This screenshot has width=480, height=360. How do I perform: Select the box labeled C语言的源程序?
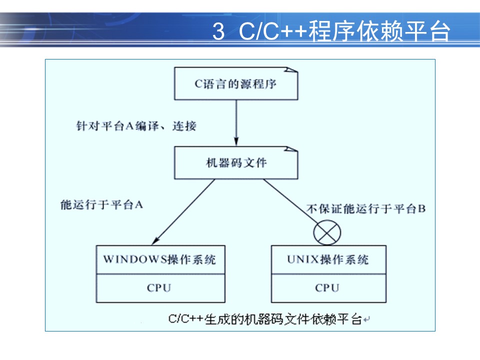[235, 83]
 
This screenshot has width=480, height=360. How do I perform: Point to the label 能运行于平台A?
[101, 205]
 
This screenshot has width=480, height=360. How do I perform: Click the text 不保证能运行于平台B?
[366, 209]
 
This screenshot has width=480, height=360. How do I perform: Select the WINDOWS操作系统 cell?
[160, 259]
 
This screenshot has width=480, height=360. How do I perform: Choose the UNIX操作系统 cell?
[328, 259]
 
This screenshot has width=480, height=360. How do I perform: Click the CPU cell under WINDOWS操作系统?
[159, 288]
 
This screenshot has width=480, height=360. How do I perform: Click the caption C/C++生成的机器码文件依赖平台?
[265, 319]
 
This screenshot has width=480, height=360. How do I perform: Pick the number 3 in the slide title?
[218, 32]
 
